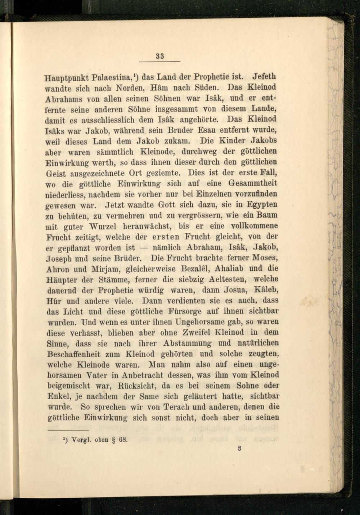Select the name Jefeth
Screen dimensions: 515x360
coord(265,77)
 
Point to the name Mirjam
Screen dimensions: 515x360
coord(99,269)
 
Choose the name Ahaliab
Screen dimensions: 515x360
coord(225,269)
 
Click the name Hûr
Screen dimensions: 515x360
coord(53,300)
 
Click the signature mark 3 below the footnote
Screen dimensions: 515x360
coord(239,449)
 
